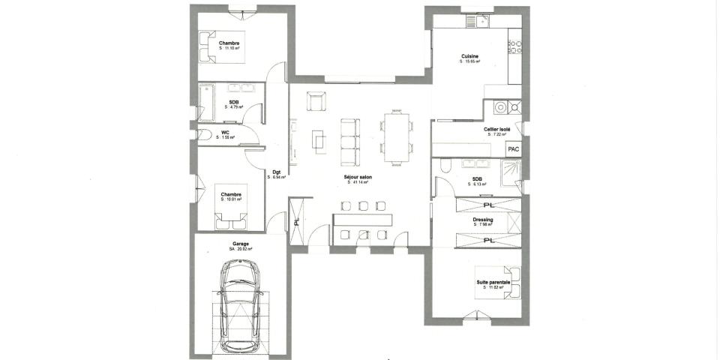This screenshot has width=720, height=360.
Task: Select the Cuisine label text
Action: (470, 56)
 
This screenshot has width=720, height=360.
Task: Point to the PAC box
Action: (514, 149)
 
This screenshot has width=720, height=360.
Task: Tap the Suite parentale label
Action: (493, 282)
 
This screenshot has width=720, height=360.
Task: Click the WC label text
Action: (225, 132)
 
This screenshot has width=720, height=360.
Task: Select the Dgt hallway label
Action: (277, 172)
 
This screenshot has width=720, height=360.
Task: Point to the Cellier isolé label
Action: (497, 129)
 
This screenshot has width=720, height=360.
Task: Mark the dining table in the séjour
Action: (397, 136)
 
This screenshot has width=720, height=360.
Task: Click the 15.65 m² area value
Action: (470, 61)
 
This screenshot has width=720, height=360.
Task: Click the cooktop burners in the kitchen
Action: (514, 49)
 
